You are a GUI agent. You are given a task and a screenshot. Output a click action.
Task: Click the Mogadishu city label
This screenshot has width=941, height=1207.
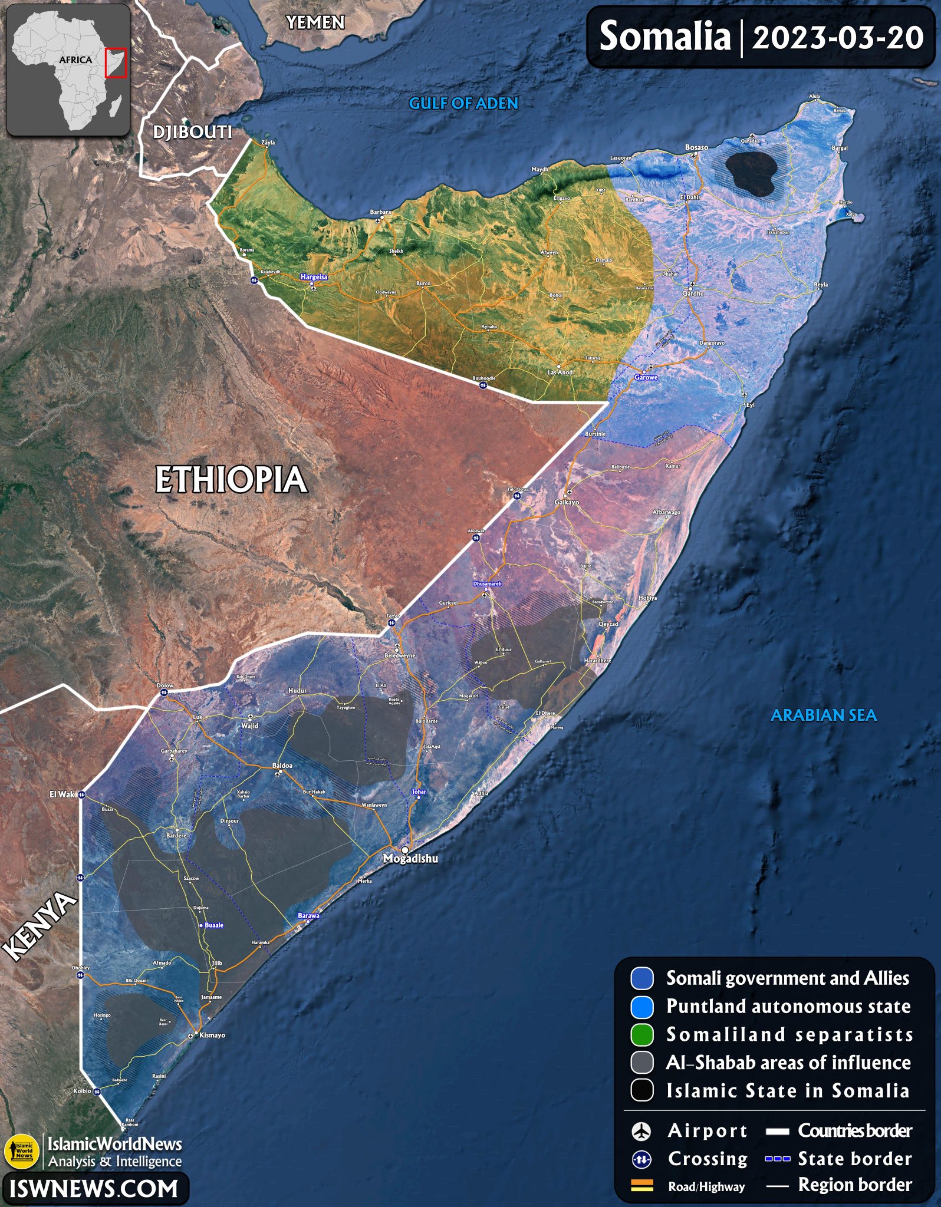(410, 859)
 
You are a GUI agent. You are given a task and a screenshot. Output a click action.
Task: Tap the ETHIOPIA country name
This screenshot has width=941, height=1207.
(231, 480)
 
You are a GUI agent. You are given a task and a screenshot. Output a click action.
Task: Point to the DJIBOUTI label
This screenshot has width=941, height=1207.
(192, 132)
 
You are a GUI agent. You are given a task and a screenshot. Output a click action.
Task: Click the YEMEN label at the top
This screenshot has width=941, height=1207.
(315, 23)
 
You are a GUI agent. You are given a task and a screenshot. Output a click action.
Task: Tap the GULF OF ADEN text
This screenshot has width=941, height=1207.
(463, 104)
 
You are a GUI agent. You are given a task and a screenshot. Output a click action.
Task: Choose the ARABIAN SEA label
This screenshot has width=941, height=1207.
(824, 715)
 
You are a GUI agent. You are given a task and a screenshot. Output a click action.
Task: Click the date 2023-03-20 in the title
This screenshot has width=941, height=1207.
(838, 38)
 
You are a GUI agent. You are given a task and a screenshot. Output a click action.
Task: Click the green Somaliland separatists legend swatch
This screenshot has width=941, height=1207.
(642, 1034)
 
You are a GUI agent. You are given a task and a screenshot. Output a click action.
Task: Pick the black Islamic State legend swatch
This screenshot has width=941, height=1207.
(642, 1090)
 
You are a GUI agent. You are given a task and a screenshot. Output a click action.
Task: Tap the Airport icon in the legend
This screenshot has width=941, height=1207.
(641, 1131)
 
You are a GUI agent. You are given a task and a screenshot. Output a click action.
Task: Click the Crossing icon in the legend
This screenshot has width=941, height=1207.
(641, 1159)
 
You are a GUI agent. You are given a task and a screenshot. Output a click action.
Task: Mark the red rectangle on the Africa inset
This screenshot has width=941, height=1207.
(116, 63)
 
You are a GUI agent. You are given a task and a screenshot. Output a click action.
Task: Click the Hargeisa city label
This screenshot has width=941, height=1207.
(314, 277)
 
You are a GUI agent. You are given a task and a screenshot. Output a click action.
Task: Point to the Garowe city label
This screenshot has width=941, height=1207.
(646, 377)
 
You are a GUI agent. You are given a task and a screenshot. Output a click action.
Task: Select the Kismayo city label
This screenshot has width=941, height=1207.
(212, 1035)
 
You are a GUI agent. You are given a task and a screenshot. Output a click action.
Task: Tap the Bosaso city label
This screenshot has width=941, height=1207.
(696, 147)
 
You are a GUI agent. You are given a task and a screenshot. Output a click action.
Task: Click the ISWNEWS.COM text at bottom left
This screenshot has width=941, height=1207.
(94, 1189)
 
